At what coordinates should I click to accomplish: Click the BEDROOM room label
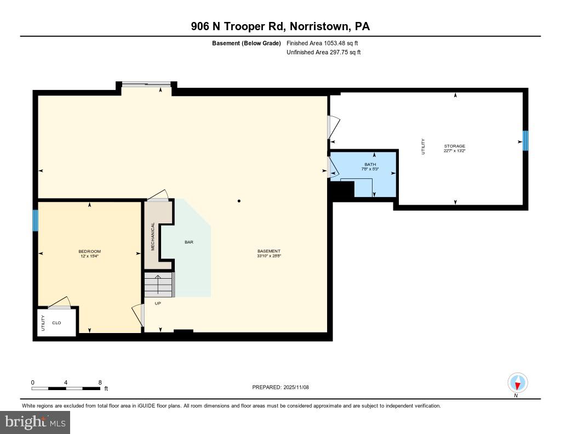[89, 251]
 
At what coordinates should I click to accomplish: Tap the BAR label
[189, 242]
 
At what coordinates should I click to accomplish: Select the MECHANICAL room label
[153, 236]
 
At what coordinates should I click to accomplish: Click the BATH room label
[370, 164]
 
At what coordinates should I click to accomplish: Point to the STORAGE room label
[454, 146]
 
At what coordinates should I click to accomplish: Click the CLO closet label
[56, 323]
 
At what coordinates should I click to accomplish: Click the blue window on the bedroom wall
[36, 221]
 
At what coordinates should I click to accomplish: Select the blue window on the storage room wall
[525, 140]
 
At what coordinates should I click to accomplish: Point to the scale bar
[66, 388]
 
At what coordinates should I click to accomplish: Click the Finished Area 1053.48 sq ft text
[323, 43]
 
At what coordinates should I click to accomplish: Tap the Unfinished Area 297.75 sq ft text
[324, 53]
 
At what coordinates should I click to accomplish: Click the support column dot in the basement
[239, 201]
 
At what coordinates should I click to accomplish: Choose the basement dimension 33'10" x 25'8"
[268, 256]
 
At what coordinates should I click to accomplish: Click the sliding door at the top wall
[146, 84]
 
